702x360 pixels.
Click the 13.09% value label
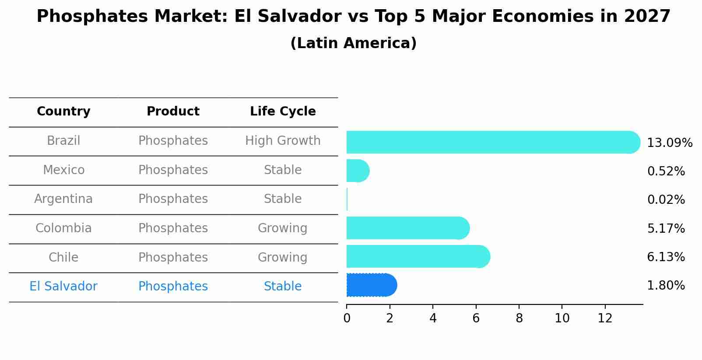pyautogui.click(x=669, y=143)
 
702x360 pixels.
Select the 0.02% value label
pyautogui.click(x=666, y=200)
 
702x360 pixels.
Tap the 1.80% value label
pyautogui.click(x=666, y=286)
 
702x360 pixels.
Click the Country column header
pyautogui.click(x=63, y=112)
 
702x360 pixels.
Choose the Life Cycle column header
pyautogui.click(x=283, y=112)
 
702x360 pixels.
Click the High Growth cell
pyautogui.click(x=283, y=141)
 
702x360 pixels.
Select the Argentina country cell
pyautogui.click(x=63, y=199)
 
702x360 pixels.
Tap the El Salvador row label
pyautogui.click(x=63, y=287)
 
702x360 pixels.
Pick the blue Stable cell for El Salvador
pyautogui.click(x=283, y=287)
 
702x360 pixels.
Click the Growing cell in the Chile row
pyautogui.click(x=283, y=257)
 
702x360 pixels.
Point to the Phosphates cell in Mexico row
pyautogui.click(x=173, y=170)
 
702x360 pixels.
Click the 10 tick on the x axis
pyautogui.click(x=562, y=318)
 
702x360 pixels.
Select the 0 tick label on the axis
pyautogui.click(x=347, y=318)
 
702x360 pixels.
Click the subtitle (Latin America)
pyautogui.click(x=353, y=43)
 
